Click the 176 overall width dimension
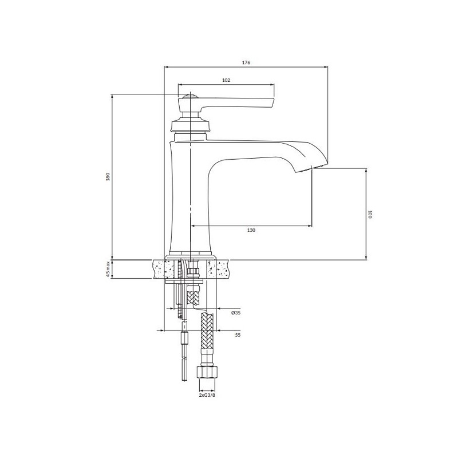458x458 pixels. pyautogui.click(x=246, y=62)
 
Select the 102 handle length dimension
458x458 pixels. pyautogui.click(x=226, y=80)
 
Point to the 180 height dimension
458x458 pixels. pyautogui.click(x=108, y=177)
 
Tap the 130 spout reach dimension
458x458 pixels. pyautogui.click(x=251, y=230)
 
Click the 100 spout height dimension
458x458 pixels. pyautogui.click(x=370, y=214)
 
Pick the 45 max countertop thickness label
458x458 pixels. pyautogui.click(x=108, y=269)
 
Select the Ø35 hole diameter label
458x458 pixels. pyautogui.click(x=236, y=313)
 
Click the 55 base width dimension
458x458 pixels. pyautogui.click(x=238, y=335)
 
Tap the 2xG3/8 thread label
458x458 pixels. pyautogui.click(x=207, y=395)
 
